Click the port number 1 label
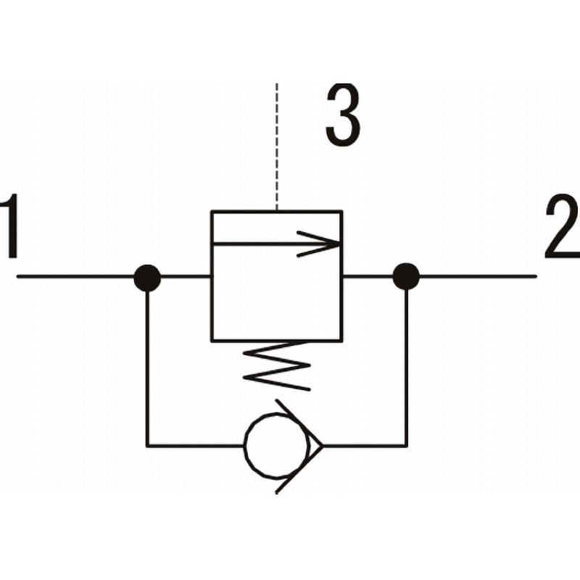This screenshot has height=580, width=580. click(x=10, y=225)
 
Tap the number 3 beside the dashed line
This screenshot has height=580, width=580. click(x=343, y=115)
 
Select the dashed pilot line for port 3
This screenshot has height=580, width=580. click(x=277, y=147)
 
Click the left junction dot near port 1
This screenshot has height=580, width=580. click(x=147, y=278)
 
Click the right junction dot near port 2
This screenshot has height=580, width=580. click(x=406, y=276)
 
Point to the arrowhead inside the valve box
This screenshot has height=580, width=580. click(x=319, y=244)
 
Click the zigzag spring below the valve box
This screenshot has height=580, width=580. click(x=276, y=366)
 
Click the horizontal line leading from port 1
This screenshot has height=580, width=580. click(x=75, y=276)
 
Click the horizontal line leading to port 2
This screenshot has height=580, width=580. click(x=478, y=276)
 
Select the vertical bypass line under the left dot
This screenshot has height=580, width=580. click(x=147, y=369)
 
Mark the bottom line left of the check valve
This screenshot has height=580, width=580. click(x=195, y=446)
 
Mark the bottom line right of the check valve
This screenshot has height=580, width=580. click(x=365, y=446)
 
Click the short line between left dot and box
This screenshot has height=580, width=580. click(x=186, y=276)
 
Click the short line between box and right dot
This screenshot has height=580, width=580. click(x=368, y=276)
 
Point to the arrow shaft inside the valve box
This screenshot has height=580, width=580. click(x=275, y=244)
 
